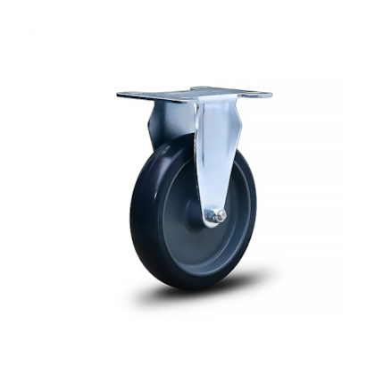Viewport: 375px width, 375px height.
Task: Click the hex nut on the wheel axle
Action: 213,215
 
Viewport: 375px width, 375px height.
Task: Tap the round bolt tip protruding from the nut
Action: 220,215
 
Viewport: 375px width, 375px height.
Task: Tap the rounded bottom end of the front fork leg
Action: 213,223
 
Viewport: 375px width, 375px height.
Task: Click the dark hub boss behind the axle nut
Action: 198,214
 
